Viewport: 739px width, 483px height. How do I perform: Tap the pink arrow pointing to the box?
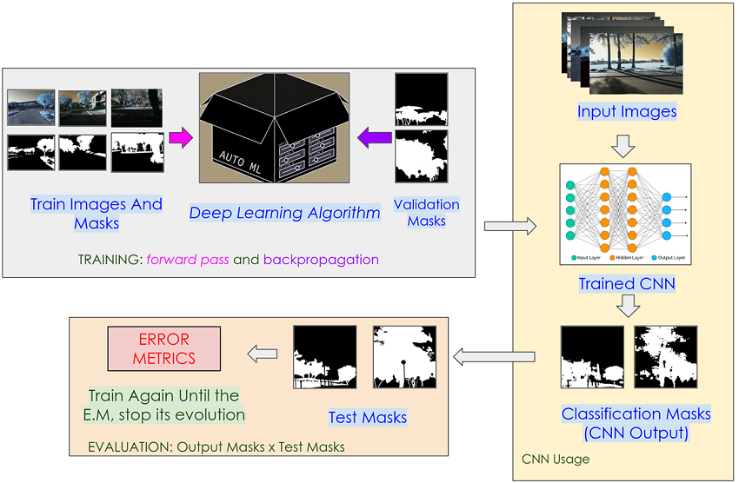[180, 137]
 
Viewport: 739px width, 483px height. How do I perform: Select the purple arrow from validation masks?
[374, 136]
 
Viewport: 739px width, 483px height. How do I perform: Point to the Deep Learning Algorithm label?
[284, 213]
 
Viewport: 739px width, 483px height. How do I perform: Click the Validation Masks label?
[426, 213]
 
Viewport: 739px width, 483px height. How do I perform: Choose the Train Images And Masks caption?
[96, 214]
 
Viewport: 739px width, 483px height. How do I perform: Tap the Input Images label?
[626, 111]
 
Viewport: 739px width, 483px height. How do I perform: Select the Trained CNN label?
[626, 284]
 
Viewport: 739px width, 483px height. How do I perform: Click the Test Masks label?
[367, 418]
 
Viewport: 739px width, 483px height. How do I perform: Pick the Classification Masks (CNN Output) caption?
[636, 423]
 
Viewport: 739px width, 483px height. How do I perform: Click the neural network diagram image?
[626, 214]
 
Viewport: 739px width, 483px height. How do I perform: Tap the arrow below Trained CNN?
[626, 307]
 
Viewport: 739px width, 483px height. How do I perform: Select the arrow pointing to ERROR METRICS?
[263, 354]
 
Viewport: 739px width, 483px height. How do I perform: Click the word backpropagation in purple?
[321, 259]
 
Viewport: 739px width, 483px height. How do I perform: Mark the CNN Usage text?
[555, 458]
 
